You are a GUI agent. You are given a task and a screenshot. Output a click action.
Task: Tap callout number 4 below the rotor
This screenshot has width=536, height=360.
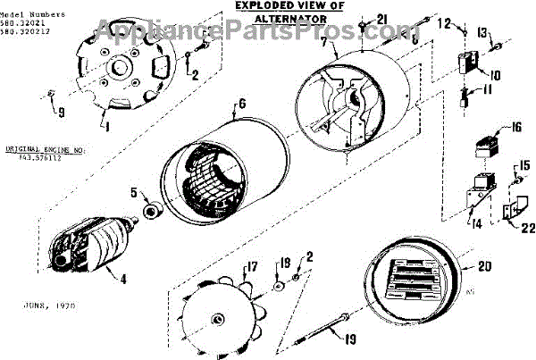pos(122,278)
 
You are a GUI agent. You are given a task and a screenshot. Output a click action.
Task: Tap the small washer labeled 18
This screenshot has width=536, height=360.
pos(280,285)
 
